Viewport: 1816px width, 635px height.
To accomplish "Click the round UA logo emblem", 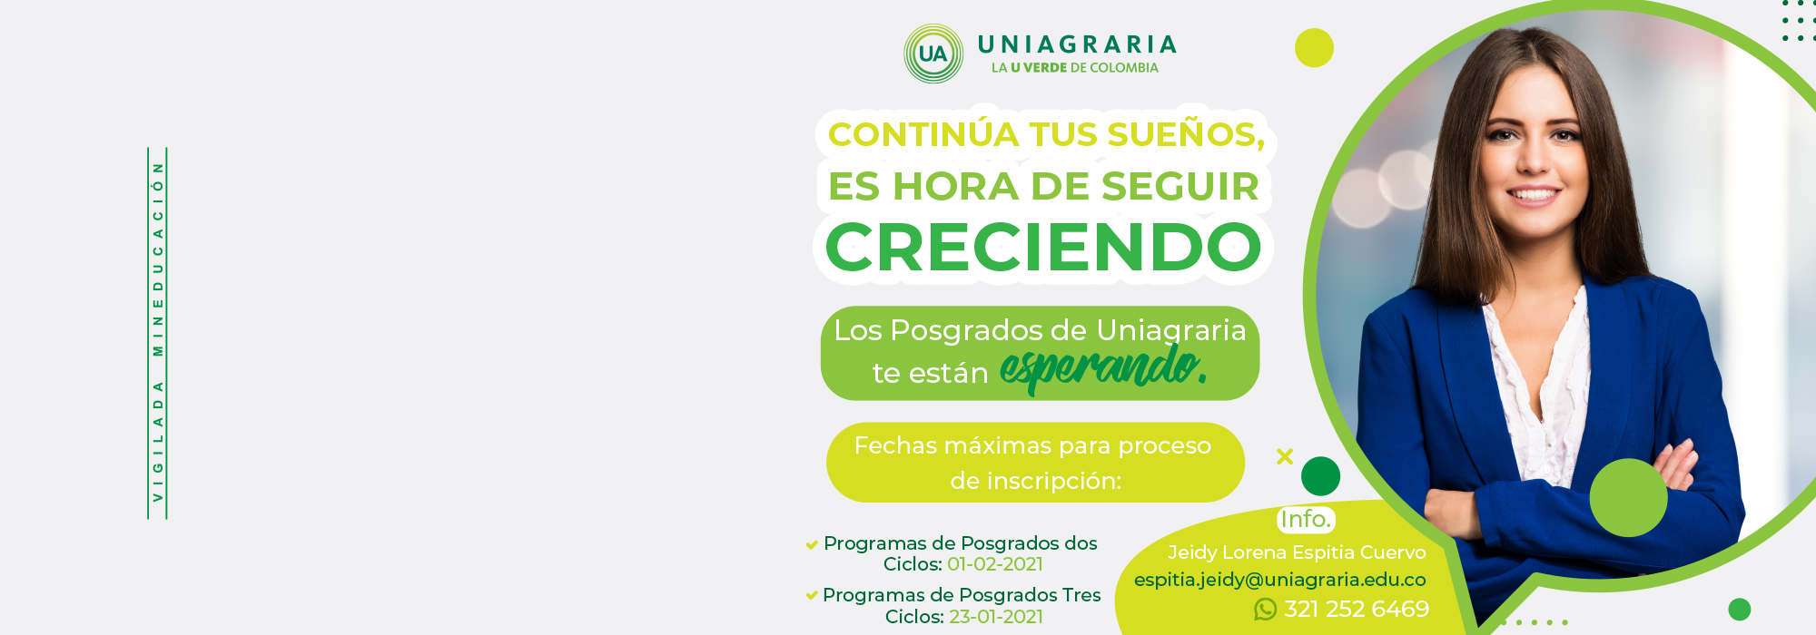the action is [933, 54].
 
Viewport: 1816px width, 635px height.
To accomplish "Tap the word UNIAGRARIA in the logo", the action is [1078, 44].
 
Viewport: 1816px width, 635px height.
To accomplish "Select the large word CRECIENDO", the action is [1043, 247].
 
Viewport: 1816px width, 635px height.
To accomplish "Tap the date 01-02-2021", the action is [995, 564].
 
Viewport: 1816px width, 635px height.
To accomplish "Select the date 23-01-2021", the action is [996, 617].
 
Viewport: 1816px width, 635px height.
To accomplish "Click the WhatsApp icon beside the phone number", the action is [1265, 610].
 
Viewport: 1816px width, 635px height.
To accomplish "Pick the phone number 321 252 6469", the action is [1357, 609].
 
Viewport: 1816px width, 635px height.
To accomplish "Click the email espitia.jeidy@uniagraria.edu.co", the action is [1280, 580].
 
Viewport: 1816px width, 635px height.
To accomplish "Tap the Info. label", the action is [1306, 519].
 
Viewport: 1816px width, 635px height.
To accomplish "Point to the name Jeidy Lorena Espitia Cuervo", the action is [1297, 552].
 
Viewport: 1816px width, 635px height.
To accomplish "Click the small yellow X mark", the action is [1285, 456].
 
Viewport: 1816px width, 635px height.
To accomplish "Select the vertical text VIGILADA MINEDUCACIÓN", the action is [158, 333].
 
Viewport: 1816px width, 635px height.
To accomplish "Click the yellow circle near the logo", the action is [1314, 48].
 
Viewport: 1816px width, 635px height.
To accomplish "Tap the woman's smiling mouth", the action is [1533, 194].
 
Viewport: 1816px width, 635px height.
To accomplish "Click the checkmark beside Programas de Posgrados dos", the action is [812, 544].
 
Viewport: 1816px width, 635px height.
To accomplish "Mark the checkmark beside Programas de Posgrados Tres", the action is [812, 596].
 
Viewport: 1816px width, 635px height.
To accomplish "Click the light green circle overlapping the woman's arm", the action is [1628, 497].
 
